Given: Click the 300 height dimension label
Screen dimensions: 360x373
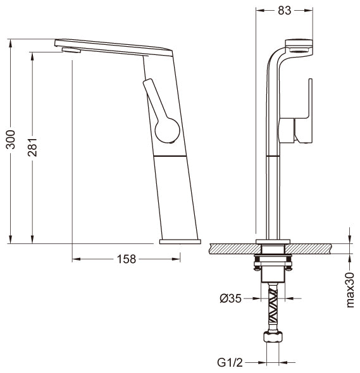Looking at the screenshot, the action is [11, 140].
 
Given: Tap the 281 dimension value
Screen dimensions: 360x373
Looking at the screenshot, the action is [32, 147].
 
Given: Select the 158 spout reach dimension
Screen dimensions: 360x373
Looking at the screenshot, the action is [126, 259].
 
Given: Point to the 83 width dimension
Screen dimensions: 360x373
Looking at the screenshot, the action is [284, 10].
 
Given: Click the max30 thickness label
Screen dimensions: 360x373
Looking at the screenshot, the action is [350, 290].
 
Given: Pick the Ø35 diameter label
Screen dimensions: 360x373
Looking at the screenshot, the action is [230, 298].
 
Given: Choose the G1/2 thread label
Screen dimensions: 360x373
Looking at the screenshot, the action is [230, 362].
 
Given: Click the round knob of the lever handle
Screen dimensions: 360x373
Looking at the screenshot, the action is [167, 130].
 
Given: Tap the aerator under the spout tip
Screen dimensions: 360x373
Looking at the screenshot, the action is [71, 50].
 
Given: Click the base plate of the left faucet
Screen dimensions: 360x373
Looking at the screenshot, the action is [180, 242].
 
